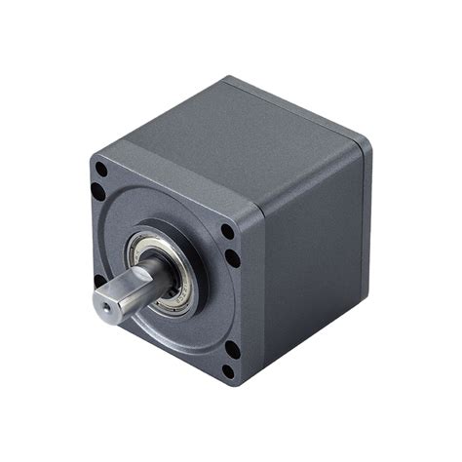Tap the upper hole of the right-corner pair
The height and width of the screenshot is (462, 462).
click(x=227, y=233)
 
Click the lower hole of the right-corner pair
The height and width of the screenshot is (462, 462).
click(x=233, y=257)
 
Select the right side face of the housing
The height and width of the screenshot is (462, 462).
click(x=312, y=253)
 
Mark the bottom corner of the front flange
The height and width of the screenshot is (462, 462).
click(x=234, y=384)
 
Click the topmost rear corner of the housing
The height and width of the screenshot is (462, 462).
click(x=227, y=78)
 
